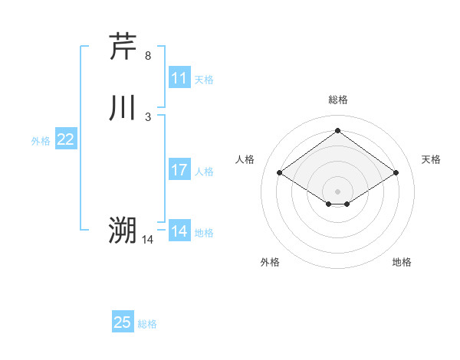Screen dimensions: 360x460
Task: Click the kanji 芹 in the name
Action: (x=123, y=47)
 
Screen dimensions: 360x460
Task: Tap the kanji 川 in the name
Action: (x=123, y=108)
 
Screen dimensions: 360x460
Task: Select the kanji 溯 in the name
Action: (x=123, y=230)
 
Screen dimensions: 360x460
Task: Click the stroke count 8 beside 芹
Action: (x=148, y=56)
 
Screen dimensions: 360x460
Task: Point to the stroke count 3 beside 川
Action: (x=148, y=117)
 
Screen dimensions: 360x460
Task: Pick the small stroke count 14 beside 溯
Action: (x=148, y=240)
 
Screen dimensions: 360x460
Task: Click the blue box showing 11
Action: (x=179, y=78)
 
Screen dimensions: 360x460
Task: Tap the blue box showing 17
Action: (x=179, y=170)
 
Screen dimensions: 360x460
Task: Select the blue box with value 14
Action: (x=179, y=231)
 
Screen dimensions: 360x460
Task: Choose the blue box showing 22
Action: (x=66, y=139)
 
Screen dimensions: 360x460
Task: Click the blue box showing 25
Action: (x=123, y=322)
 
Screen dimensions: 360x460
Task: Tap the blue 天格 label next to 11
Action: (x=203, y=80)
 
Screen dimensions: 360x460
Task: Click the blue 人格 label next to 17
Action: (x=203, y=172)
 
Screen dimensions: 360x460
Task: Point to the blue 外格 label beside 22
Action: (x=41, y=141)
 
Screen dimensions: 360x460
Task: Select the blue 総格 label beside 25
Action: (x=146, y=324)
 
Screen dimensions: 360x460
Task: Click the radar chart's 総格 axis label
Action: (x=337, y=100)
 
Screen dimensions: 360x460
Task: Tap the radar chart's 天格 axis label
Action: (x=431, y=159)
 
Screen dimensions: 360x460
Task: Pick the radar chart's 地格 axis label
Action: (x=402, y=262)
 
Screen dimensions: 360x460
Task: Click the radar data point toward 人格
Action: (x=280, y=173)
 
